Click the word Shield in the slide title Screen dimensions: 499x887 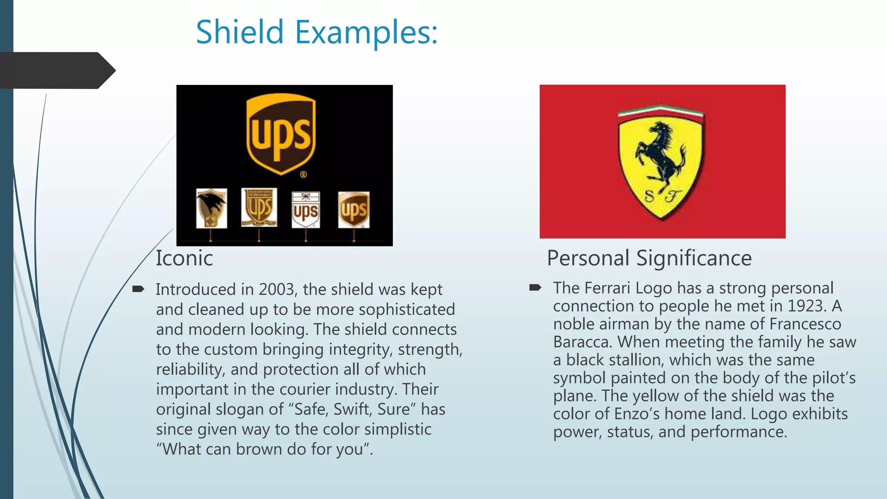tap(240, 32)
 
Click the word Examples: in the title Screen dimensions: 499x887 tap(366, 33)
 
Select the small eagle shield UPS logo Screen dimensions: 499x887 tap(211, 208)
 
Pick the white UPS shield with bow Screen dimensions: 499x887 tap(306, 210)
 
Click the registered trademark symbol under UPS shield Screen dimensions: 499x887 tap(304, 175)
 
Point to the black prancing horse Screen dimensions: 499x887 tap(660, 154)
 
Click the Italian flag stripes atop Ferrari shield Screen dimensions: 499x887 tap(660, 111)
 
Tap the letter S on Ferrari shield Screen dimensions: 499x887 tap(650, 196)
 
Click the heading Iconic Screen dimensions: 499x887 tap(184, 259)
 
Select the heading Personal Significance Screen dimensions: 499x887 tap(649, 259)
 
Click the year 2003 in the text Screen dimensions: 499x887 tap(276, 289)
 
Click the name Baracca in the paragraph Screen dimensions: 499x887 tap(582, 342)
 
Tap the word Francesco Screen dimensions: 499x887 tap(805, 324)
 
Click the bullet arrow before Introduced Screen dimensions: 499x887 tap(138, 289)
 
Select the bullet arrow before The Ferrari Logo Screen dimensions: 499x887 tap(535, 288)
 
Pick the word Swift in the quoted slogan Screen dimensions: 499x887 tap(352, 409)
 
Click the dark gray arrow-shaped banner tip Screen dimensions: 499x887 tap(106, 70)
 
